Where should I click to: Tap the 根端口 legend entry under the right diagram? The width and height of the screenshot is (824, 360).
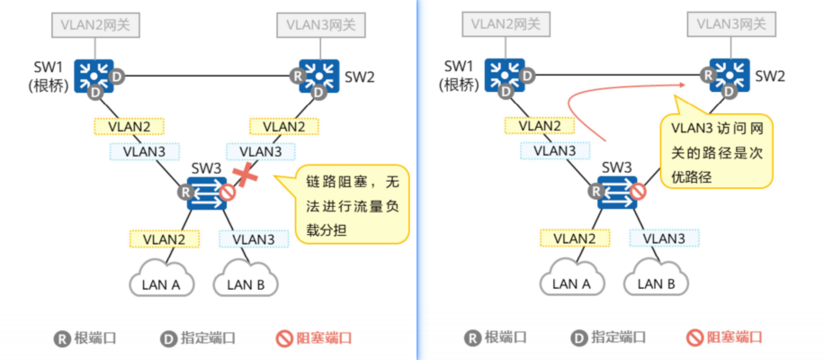[x=494, y=338]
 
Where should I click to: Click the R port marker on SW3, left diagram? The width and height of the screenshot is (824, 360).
[x=185, y=192]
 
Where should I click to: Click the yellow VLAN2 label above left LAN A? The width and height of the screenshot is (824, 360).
[x=164, y=238]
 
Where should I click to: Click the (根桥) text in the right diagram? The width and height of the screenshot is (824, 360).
[x=460, y=85]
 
